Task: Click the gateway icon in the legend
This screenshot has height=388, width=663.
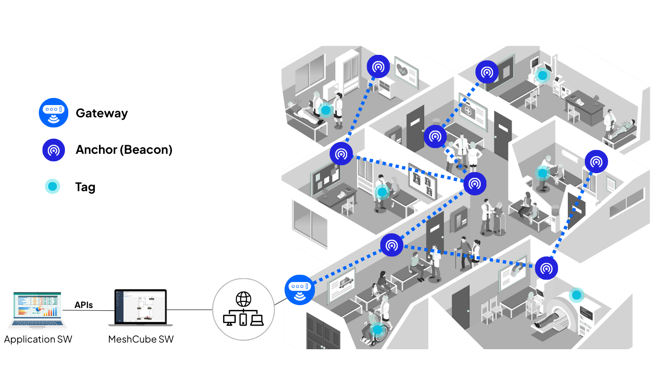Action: pyautogui.click(x=54, y=113)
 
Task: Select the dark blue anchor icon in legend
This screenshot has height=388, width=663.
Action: pyautogui.click(x=54, y=150)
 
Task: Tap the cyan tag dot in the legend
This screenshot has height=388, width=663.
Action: pyautogui.click(x=53, y=186)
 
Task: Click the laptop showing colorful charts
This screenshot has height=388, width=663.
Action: pyautogui.click(x=37, y=309)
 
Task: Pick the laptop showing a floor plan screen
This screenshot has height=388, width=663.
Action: pyautogui.click(x=141, y=308)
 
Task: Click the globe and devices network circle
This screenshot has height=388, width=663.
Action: pyautogui.click(x=243, y=309)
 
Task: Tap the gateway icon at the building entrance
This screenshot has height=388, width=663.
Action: pyautogui.click(x=299, y=290)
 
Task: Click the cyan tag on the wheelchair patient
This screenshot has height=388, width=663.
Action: pyautogui.click(x=376, y=329)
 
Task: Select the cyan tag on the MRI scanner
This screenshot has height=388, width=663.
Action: pyautogui.click(x=576, y=295)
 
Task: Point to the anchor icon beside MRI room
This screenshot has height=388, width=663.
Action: pyautogui.click(x=546, y=268)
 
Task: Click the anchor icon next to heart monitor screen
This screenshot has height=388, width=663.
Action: pyautogui.click(x=378, y=67)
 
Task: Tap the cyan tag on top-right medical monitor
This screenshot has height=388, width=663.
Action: pyautogui.click(x=542, y=75)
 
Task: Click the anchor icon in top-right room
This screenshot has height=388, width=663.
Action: pyautogui.click(x=487, y=72)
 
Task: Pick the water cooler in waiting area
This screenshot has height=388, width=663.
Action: pyautogui.click(x=555, y=219)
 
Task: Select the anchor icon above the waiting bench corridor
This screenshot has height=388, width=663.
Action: pyautogui.click(x=391, y=245)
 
